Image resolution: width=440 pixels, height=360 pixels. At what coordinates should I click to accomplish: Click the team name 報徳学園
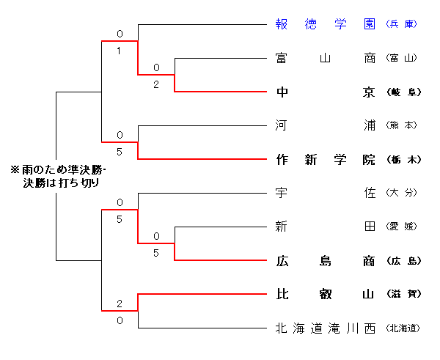(x=326, y=23)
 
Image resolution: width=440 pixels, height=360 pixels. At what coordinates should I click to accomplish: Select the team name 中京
(x=326, y=92)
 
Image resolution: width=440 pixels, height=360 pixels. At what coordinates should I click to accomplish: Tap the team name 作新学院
(x=326, y=159)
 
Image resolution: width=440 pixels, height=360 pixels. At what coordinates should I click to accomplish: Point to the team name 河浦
(x=326, y=125)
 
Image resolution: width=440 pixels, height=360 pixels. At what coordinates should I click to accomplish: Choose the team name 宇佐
(x=326, y=193)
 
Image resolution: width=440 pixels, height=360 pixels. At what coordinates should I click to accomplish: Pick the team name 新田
(x=326, y=227)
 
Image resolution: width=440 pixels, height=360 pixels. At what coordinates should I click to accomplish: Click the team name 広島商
(x=326, y=260)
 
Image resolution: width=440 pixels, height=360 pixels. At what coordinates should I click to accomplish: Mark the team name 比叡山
(x=326, y=294)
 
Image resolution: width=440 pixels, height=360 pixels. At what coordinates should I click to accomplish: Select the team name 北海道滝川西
(x=326, y=328)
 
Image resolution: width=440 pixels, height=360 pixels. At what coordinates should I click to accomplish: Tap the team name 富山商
(x=326, y=57)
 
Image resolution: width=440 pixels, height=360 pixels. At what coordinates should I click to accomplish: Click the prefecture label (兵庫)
(x=402, y=24)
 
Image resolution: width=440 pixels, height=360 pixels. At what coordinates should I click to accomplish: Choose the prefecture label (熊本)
(x=402, y=125)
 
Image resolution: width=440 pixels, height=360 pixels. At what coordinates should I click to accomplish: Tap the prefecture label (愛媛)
(x=402, y=227)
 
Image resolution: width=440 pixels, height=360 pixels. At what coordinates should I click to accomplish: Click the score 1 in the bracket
(x=120, y=50)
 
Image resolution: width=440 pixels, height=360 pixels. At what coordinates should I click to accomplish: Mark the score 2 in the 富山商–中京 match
(x=156, y=84)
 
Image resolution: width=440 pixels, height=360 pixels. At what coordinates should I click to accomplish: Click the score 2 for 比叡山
(x=120, y=304)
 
